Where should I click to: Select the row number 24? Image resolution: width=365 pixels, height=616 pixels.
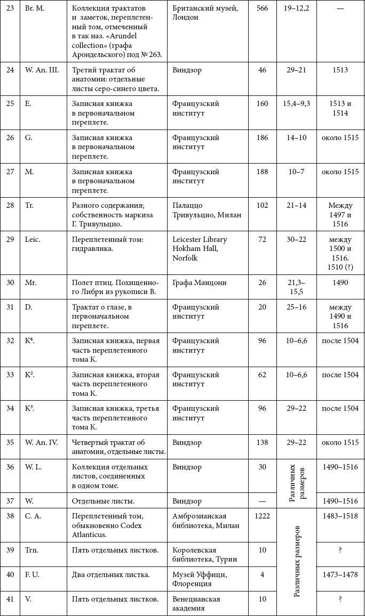tap(10, 70)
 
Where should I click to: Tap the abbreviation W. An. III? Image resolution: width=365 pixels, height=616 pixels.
tap(42, 70)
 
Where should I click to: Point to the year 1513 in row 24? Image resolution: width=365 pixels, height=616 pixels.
tap(339, 70)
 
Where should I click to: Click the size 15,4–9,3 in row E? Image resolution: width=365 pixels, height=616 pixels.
tap(297, 103)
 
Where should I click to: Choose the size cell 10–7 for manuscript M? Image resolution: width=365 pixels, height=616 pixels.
tap(297, 172)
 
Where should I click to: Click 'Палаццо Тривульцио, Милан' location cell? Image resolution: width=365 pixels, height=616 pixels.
tap(207, 210)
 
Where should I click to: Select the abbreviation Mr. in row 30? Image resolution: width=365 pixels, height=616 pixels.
tap(31, 283)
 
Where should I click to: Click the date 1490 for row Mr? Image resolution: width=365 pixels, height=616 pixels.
tap(339, 283)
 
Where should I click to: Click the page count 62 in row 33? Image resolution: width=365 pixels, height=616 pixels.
tap(262, 375)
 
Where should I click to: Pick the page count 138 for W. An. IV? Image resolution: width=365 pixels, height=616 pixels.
tap(262, 442)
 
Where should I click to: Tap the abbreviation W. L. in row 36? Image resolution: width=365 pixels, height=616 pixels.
tap(35, 467)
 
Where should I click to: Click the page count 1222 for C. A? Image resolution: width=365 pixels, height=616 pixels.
tap(262, 516)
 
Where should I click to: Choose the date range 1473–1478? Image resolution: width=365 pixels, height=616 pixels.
tap(340, 574)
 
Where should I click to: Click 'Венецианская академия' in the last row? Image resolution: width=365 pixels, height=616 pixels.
tap(196, 604)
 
